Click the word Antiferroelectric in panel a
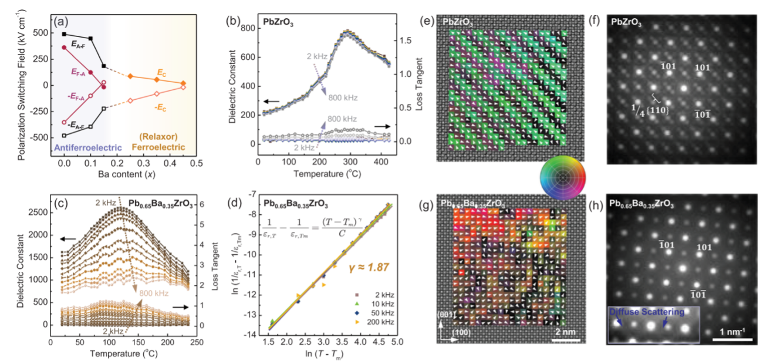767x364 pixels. pos(86,147)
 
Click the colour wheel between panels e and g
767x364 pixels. pos(562,175)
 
